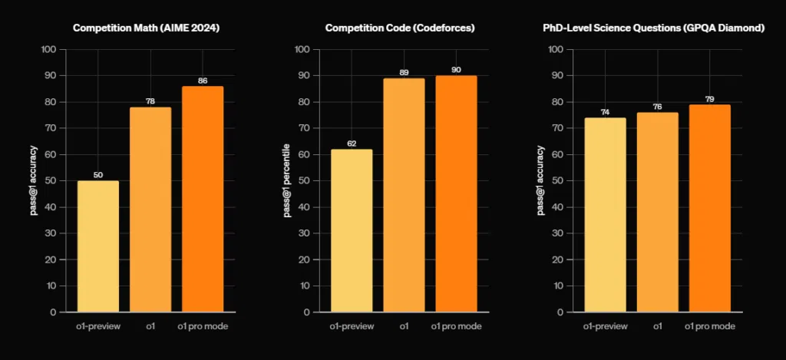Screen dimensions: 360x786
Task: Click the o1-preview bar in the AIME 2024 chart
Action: [x=98, y=246]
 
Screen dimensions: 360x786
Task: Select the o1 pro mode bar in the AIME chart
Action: [x=203, y=199]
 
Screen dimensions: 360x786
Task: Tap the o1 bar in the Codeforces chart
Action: [x=404, y=195]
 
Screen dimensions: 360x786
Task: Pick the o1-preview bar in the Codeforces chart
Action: [x=352, y=230]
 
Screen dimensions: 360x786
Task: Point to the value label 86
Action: [x=203, y=81]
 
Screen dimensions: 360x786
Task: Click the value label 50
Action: [x=98, y=175]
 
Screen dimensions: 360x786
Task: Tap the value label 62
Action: [x=352, y=144]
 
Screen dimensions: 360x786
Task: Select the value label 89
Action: [x=404, y=73]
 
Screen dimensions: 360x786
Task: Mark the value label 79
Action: [x=710, y=99]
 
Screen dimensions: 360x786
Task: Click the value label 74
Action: [x=605, y=112]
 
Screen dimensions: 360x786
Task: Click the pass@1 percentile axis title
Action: [x=287, y=180]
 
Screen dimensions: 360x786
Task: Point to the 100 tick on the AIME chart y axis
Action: [x=50, y=49]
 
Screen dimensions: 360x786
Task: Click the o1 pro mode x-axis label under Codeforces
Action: [x=456, y=326]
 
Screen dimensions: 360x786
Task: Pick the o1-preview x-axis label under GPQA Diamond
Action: [x=605, y=326]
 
